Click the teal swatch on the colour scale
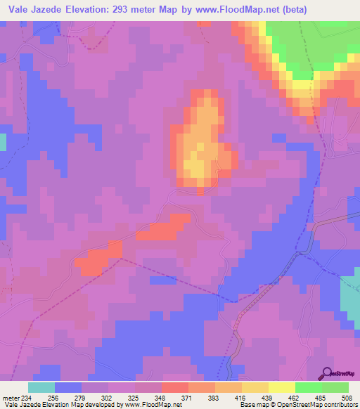click(41, 387)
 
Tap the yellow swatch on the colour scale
click(281, 387)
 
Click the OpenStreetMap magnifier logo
click(328, 372)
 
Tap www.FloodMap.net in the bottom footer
click(151, 404)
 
